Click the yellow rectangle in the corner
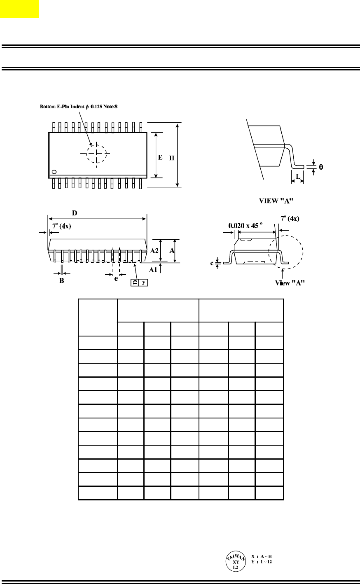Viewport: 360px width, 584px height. pos(19,9)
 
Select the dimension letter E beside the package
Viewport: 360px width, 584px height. pos(160,157)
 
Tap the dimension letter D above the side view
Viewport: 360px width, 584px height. pos(75,213)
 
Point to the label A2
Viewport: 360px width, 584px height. pos(154,251)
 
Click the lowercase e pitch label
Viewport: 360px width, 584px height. pos(116,279)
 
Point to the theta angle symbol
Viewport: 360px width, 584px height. pos(321,167)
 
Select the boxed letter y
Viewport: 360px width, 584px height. pos(143,282)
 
